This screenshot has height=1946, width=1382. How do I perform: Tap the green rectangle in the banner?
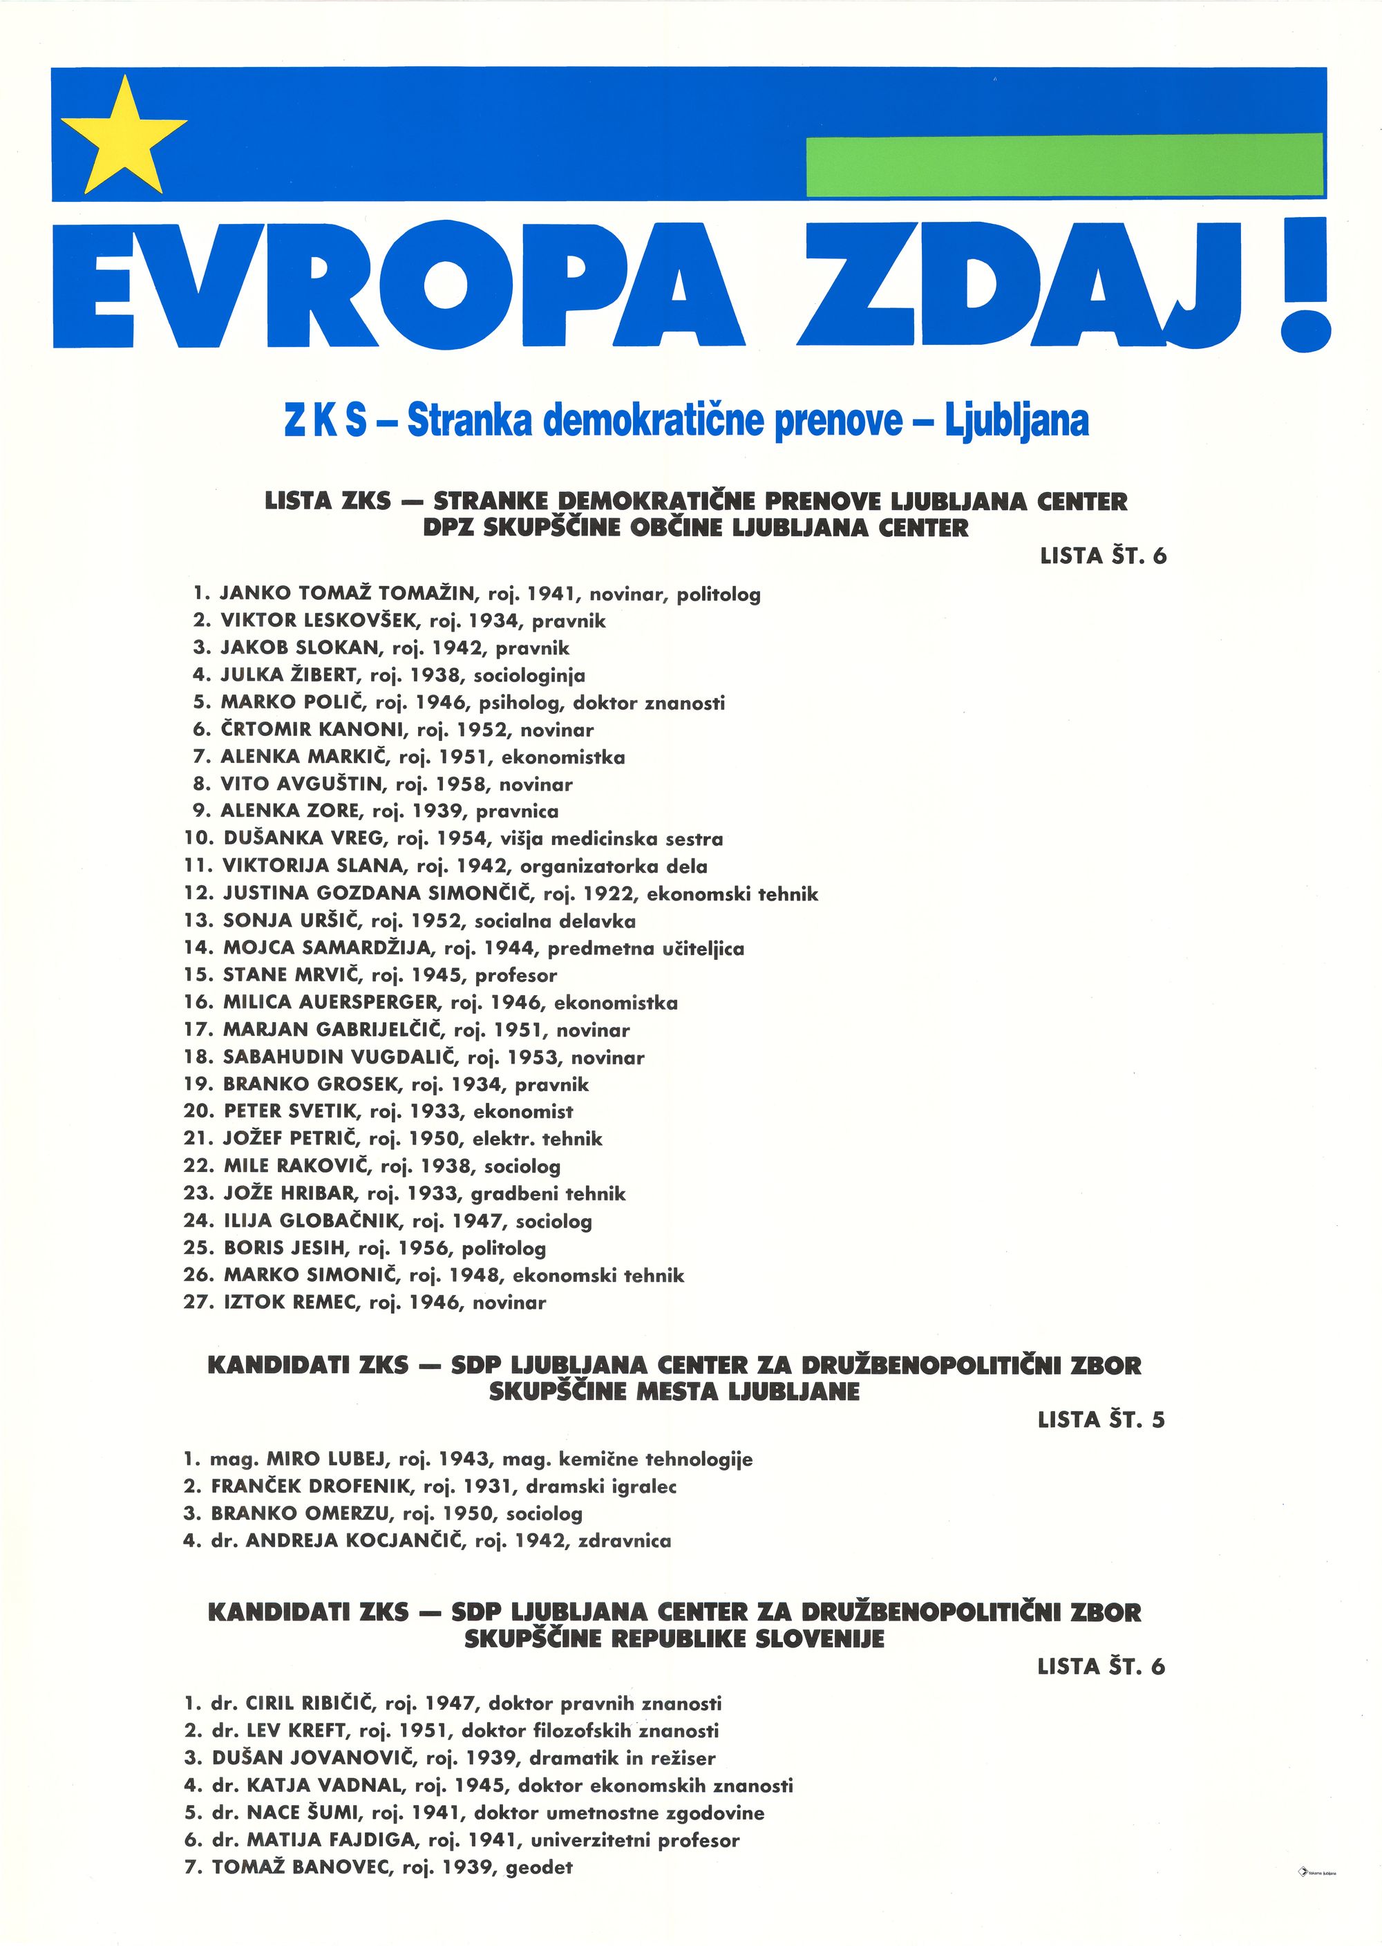coord(1063,165)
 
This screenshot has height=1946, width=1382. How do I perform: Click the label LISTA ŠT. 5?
coord(1101,1419)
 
